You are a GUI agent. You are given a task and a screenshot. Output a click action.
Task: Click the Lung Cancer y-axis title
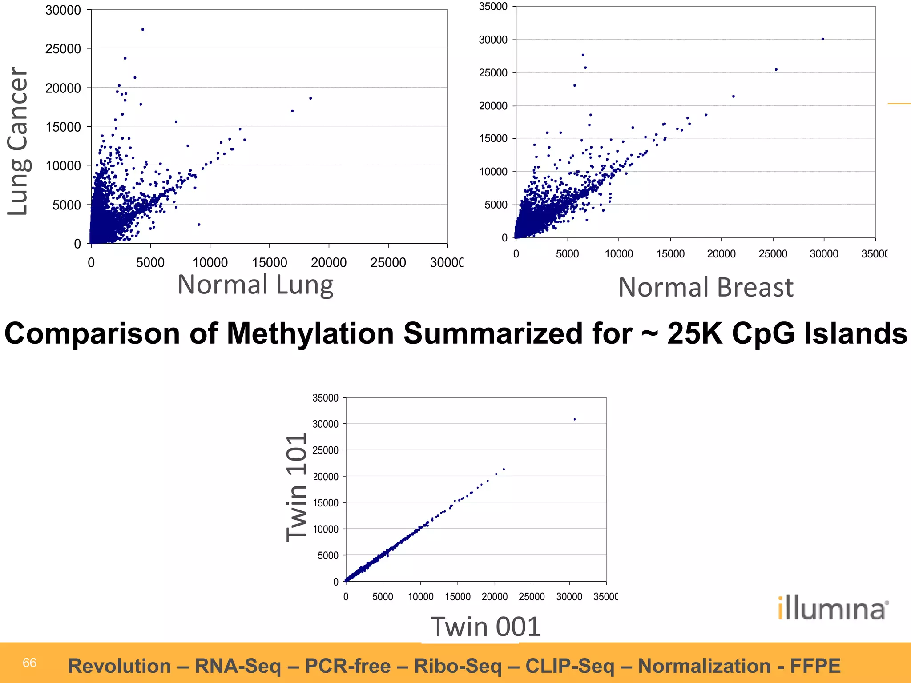pyautogui.click(x=19, y=141)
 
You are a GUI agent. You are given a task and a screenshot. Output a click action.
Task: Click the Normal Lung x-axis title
pyautogui.click(x=255, y=285)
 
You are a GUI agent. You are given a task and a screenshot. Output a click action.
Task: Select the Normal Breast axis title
pyautogui.click(x=705, y=287)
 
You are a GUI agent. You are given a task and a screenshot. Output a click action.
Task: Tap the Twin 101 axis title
pyautogui.click(x=296, y=487)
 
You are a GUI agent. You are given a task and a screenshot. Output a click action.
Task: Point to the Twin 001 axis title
pyautogui.click(x=485, y=627)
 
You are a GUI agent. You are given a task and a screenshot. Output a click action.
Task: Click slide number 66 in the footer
pyautogui.click(x=29, y=663)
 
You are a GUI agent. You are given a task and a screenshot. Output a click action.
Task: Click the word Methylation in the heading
pyautogui.click(x=310, y=333)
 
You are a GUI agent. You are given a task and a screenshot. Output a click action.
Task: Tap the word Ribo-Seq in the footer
pyautogui.click(x=458, y=666)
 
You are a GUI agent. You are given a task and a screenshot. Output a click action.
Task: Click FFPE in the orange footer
pyautogui.click(x=815, y=666)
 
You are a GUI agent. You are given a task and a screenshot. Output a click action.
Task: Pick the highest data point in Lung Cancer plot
pyautogui.click(x=142, y=30)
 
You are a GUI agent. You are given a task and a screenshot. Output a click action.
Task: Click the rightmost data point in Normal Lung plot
pyautogui.click(x=310, y=98)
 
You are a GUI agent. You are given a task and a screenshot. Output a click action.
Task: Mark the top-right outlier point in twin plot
pyautogui.click(x=574, y=419)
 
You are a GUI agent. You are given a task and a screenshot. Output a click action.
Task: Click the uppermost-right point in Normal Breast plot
pyautogui.click(x=822, y=39)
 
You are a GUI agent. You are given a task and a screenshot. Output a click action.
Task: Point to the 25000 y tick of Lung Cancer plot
pyautogui.click(x=63, y=49)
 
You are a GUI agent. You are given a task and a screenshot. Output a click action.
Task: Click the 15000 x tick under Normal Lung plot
pyautogui.click(x=270, y=263)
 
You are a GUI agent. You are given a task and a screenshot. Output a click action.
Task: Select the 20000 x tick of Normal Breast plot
pyautogui.click(x=721, y=254)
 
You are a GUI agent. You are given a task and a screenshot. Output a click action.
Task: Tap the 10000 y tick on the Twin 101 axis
pyautogui.click(x=325, y=529)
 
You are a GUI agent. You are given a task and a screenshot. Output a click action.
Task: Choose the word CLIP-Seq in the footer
pyautogui.click(x=570, y=666)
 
